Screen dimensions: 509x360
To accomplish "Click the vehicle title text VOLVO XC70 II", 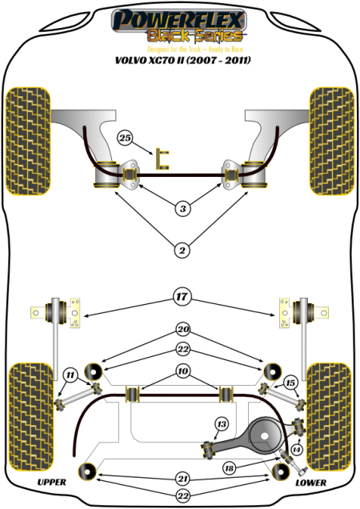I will [x=180, y=59].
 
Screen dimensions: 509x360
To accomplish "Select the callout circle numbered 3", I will [x=182, y=209].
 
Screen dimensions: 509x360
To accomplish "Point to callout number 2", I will [x=182, y=251].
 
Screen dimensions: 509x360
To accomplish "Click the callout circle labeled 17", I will [x=182, y=297].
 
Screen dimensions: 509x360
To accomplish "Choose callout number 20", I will [x=182, y=329].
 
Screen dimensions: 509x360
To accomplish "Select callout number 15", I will [x=290, y=383].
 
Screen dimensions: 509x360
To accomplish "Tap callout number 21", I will [x=182, y=478].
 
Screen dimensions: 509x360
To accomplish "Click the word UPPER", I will [x=51, y=483].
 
